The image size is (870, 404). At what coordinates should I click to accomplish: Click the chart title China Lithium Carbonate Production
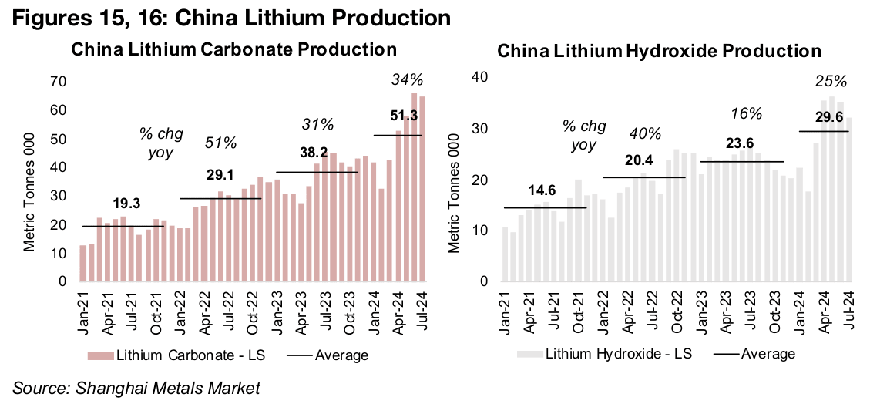coord(233,50)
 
